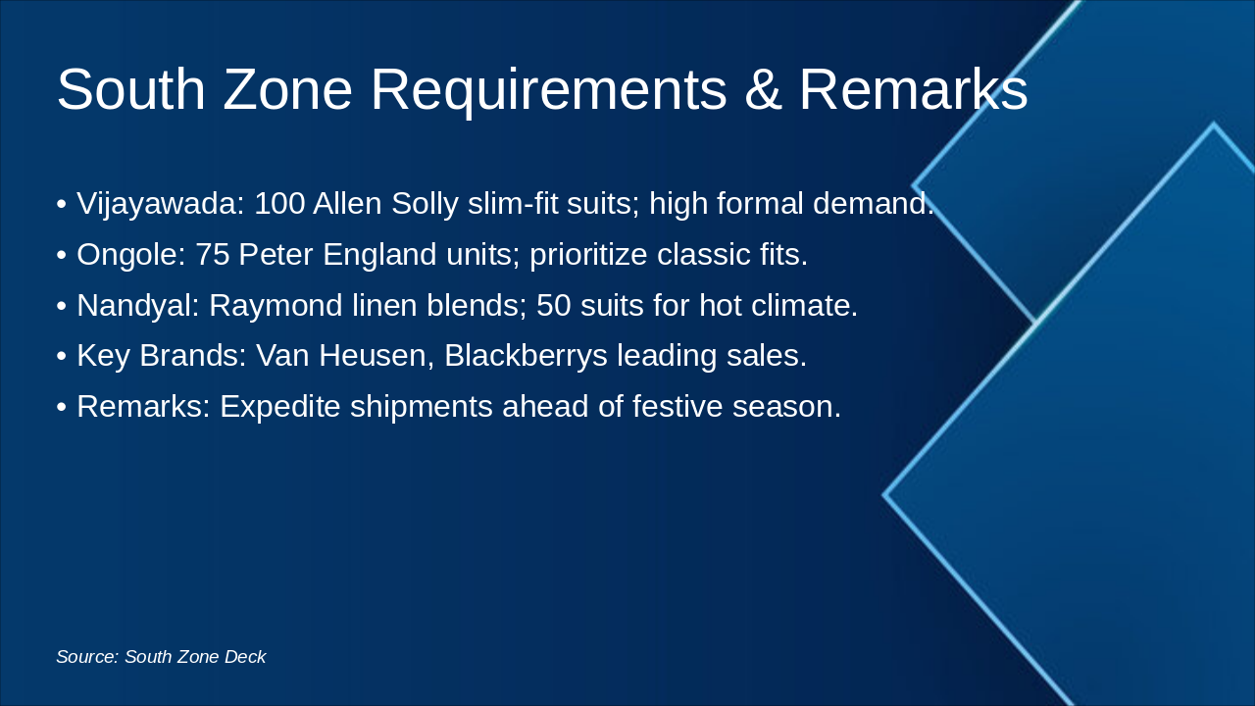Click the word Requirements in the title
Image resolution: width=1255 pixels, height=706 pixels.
(x=548, y=90)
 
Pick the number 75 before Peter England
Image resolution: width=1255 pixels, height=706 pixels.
(x=212, y=255)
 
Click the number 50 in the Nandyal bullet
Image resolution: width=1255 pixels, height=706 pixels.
(x=553, y=306)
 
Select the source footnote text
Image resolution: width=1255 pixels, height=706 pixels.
(x=161, y=657)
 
